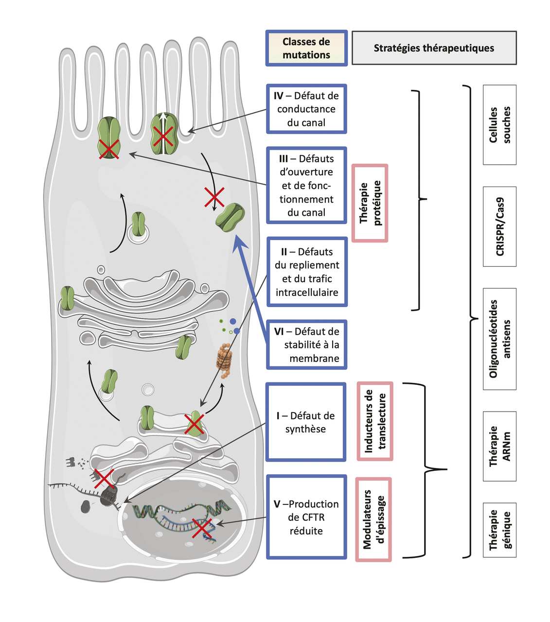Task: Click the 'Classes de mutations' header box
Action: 306,48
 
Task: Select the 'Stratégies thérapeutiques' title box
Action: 434,48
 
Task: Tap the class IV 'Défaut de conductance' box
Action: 306,109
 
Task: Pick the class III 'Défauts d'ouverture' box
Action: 306,185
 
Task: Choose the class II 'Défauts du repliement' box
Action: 307,272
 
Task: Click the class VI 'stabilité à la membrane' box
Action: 307,345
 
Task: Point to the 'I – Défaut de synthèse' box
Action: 306,422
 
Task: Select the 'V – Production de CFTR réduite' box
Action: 306,517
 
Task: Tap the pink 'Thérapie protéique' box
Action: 370,203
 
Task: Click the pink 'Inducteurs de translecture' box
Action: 375,421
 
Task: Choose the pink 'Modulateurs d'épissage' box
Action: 373,519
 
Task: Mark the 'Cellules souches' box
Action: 499,125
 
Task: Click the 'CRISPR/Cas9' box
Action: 499,226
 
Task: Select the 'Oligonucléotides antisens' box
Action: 499,339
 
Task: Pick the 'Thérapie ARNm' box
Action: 499,446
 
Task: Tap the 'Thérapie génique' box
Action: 499,530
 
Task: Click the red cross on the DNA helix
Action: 202,528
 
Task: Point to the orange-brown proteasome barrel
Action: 224,360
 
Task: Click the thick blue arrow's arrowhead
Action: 239,242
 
